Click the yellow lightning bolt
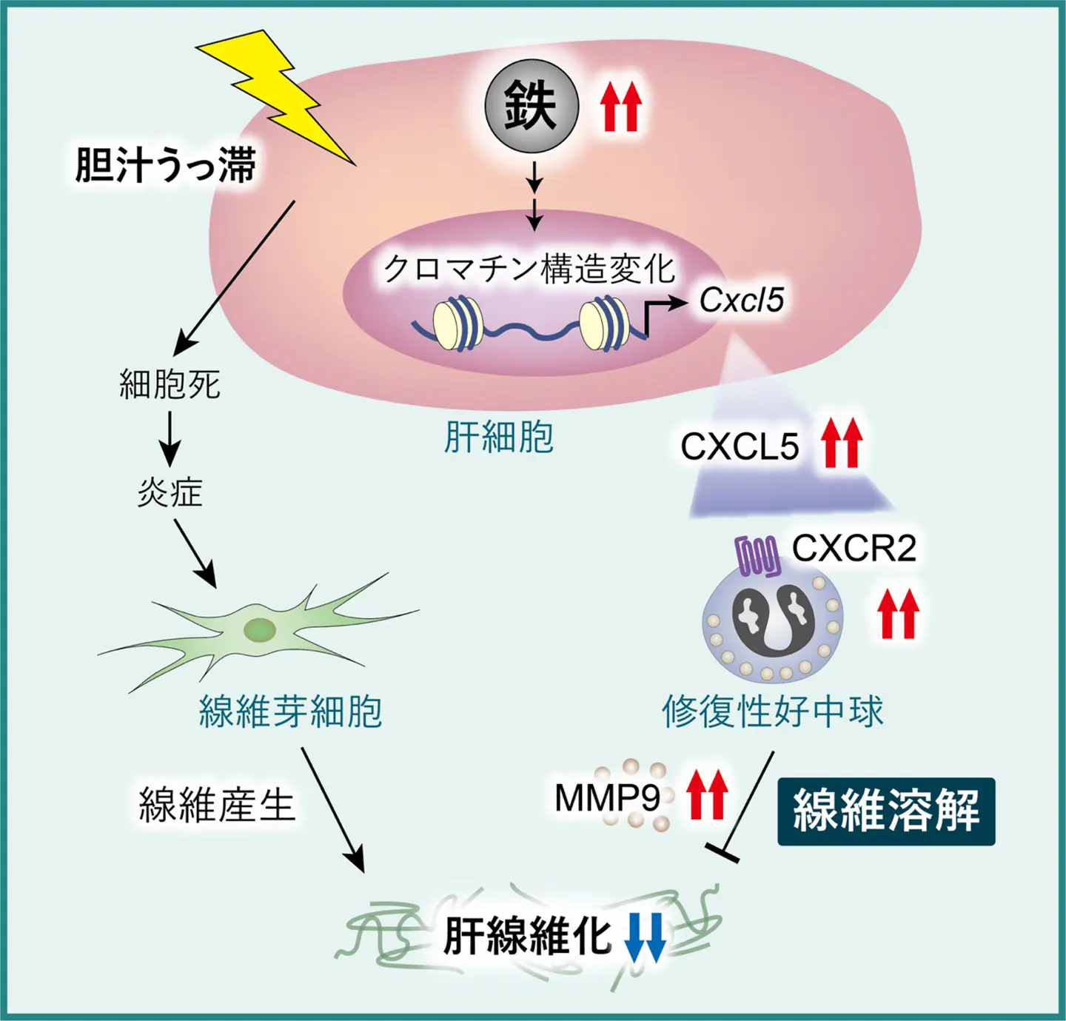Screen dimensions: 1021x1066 click(x=278, y=93)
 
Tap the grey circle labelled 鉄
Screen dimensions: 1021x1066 click(x=531, y=106)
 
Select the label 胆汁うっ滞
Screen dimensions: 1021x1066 click(x=165, y=164)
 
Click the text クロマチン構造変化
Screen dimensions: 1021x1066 click(x=529, y=268)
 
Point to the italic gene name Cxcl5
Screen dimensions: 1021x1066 click(x=741, y=300)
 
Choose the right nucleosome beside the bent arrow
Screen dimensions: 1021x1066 click(x=604, y=324)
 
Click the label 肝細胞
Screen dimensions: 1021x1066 click(x=498, y=437)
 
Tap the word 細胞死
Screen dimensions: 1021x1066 click(x=170, y=384)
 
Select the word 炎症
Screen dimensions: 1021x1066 click(x=170, y=492)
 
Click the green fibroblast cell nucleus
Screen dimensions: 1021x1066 click(x=260, y=631)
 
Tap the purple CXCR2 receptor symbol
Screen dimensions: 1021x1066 click(x=757, y=556)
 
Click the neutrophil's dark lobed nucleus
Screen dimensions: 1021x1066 click(x=773, y=620)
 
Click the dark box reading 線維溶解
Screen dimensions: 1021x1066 click(x=885, y=811)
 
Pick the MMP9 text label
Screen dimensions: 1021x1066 click(x=607, y=797)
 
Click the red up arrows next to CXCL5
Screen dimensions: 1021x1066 click(x=842, y=443)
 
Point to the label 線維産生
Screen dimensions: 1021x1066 click(x=217, y=805)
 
